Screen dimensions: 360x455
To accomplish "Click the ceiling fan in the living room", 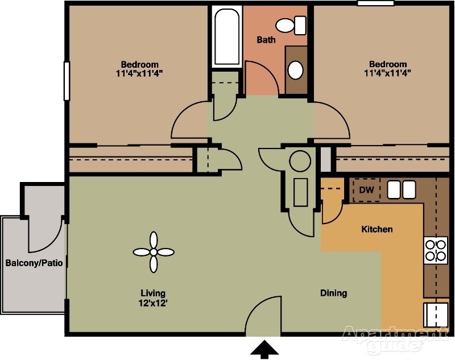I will pos(153,251).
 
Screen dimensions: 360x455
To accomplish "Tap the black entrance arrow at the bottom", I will pos(263,349).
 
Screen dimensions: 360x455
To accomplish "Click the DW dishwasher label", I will pos(366,190).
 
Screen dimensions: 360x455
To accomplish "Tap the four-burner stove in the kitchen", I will pos(436,250).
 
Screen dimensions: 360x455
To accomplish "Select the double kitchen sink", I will pos(401,189).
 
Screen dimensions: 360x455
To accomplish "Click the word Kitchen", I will pos(377,229).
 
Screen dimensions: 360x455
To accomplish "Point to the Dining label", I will pos(333,293).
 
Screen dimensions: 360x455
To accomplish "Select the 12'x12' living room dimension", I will pos(152,303).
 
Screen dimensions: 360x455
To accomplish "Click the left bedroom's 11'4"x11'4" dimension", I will pos(139,73).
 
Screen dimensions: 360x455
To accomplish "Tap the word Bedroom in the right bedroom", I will pos(387,64).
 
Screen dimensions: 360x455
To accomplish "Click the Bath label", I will pos(266,40).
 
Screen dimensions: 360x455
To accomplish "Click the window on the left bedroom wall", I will pos(66,81).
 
